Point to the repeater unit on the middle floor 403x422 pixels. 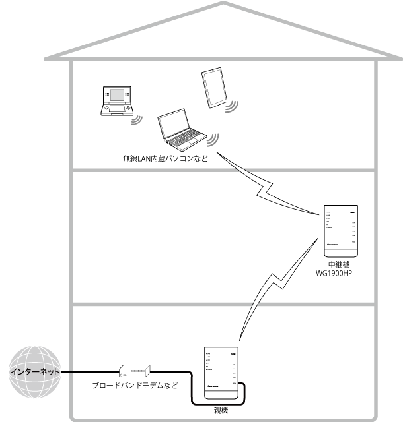pos(341,231)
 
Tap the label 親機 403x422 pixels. pos(221,409)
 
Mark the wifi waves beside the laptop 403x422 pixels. pos(213,140)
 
